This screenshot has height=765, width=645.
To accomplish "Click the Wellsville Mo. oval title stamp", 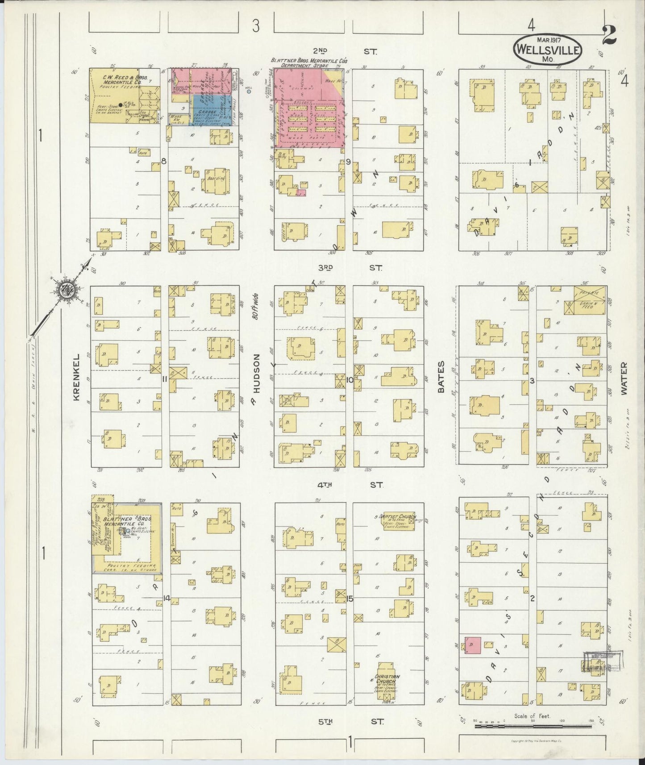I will click(x=548, y=50).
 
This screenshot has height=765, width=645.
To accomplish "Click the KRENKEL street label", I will click(x=76, y=377).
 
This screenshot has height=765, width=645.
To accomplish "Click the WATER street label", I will click(x=623, y=378).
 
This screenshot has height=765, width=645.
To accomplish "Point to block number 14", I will click(x=167, y=598).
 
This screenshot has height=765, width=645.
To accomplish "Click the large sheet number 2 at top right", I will click(x=610, y=36).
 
